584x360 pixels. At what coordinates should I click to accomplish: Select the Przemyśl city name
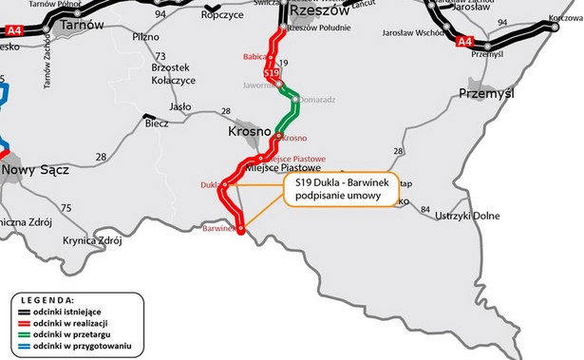coord(485,93)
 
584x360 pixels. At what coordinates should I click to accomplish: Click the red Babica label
coord(254,57)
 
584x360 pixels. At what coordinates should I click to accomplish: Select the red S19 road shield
coord(272,73)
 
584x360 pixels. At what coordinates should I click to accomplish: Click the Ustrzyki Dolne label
coord(466,216)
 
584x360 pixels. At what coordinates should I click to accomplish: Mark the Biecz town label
coord(157,123)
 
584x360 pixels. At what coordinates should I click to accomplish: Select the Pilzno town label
coord(146,36)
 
